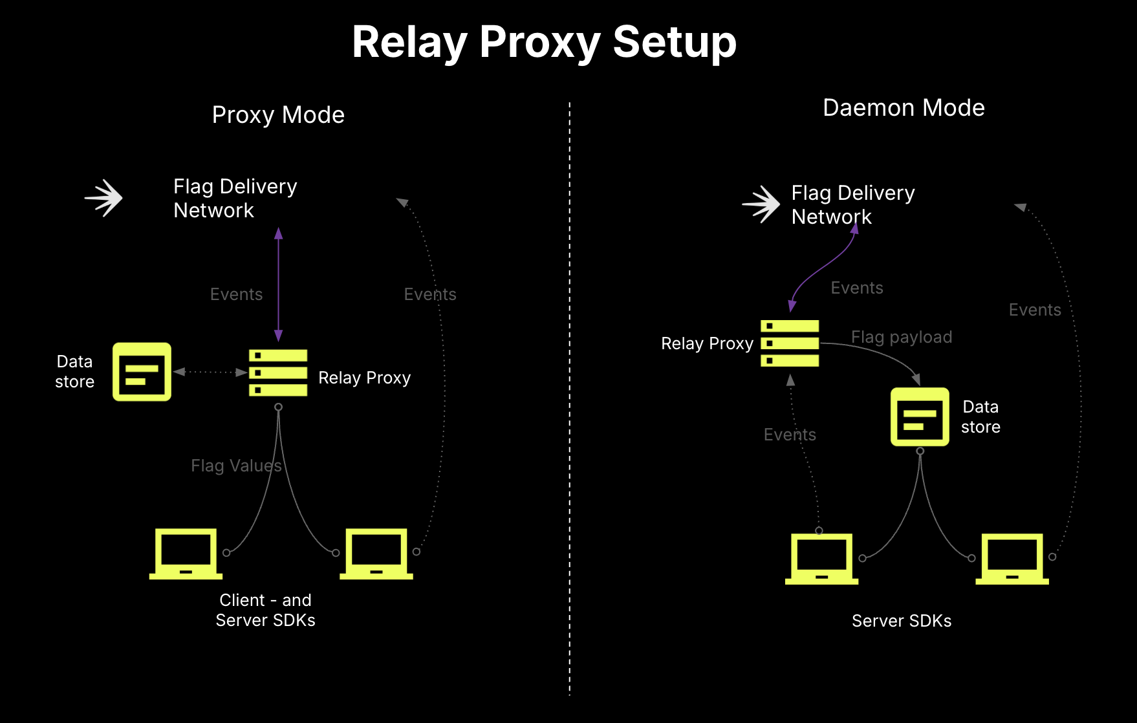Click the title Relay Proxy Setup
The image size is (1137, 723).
(x=544, y=43)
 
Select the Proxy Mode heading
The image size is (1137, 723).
(x=278, y=115)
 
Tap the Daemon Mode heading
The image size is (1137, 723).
(x=903, y=108)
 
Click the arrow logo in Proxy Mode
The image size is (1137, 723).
(x=104, y=198)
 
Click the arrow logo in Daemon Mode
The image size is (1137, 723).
(x=762, y=204)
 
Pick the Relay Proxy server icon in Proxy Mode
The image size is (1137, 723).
(x=278, y=372)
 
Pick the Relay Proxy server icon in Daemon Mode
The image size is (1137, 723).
(x=790, y=343)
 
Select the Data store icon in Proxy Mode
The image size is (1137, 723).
(x=142, y=372)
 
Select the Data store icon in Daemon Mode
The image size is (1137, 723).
(x=920, y=417)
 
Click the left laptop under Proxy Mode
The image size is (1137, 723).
(x=186, y=554)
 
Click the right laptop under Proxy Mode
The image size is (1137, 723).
(x=376, y=554)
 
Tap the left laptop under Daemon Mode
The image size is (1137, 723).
(x=821, y=559)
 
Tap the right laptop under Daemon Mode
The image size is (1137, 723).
(x=1012, y=559)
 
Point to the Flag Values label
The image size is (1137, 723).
(x=236, y=466)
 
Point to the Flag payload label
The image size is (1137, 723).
(x=901, y=337)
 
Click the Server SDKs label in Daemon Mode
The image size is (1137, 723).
(x=901, y=621)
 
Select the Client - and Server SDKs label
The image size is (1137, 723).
(x=265, y=610)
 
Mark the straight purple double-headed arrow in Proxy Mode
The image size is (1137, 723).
(x=279, y=285)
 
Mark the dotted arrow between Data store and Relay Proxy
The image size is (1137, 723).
(x=210, y=372)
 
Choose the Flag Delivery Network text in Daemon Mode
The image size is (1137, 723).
(x=852, y=204)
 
